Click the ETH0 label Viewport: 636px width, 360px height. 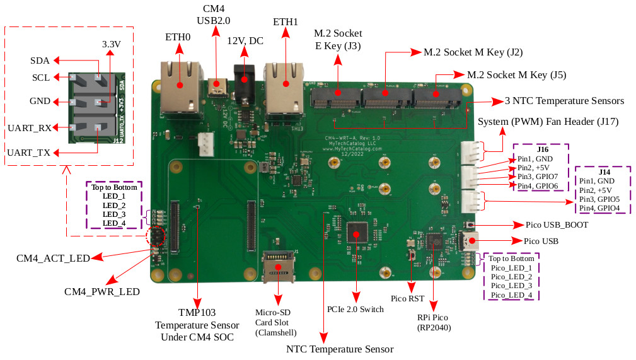(x=178, y=37)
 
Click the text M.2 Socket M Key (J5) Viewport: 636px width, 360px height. (x=516, y=75)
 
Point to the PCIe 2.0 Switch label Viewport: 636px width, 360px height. (x=356, y=309)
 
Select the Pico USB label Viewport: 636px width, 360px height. (x=541, y=241)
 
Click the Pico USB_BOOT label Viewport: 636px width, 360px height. (x=557, y=224)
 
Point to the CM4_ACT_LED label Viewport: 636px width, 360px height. (x=53, y=257)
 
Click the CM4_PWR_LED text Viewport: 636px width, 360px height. (x=102, y=292)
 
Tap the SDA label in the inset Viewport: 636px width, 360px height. (x=40, y=61)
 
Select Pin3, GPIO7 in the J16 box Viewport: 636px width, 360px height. (x=538, y=177)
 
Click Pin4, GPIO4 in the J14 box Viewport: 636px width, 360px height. (x=599, y=208)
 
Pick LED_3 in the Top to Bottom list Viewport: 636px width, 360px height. (x=114, y=214)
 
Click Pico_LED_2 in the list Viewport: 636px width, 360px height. (x=511, y=277)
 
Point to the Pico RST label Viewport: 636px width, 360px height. (x=407, y=299)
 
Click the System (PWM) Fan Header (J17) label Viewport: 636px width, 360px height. (x=548, y=122)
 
